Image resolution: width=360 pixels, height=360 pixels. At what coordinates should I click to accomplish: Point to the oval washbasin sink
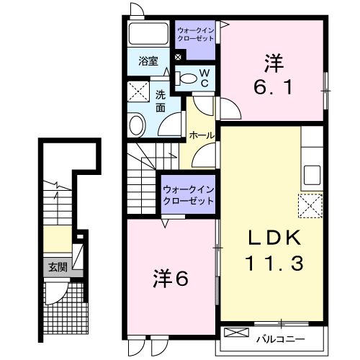137,125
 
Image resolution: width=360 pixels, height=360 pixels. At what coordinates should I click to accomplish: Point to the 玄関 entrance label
57,266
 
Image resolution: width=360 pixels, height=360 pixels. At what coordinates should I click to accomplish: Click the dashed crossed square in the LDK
311,206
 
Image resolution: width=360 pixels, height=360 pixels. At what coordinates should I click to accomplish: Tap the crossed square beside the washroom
137,91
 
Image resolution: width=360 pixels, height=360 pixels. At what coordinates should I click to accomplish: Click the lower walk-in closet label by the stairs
188,194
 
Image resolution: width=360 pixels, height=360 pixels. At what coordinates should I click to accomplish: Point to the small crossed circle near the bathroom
178,57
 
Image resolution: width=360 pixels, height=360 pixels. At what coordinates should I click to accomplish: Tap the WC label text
204,78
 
